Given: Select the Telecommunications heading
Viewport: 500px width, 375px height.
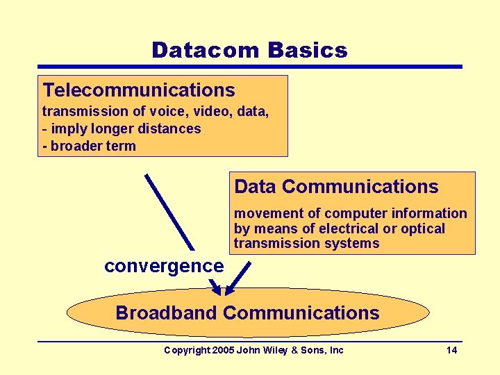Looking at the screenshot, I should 139,90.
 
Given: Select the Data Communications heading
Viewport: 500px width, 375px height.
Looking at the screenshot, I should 336,187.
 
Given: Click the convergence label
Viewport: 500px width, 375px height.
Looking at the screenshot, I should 164,265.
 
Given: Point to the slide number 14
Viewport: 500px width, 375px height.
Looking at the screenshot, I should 451,350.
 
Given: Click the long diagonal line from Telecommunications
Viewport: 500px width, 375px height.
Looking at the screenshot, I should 171,212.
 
